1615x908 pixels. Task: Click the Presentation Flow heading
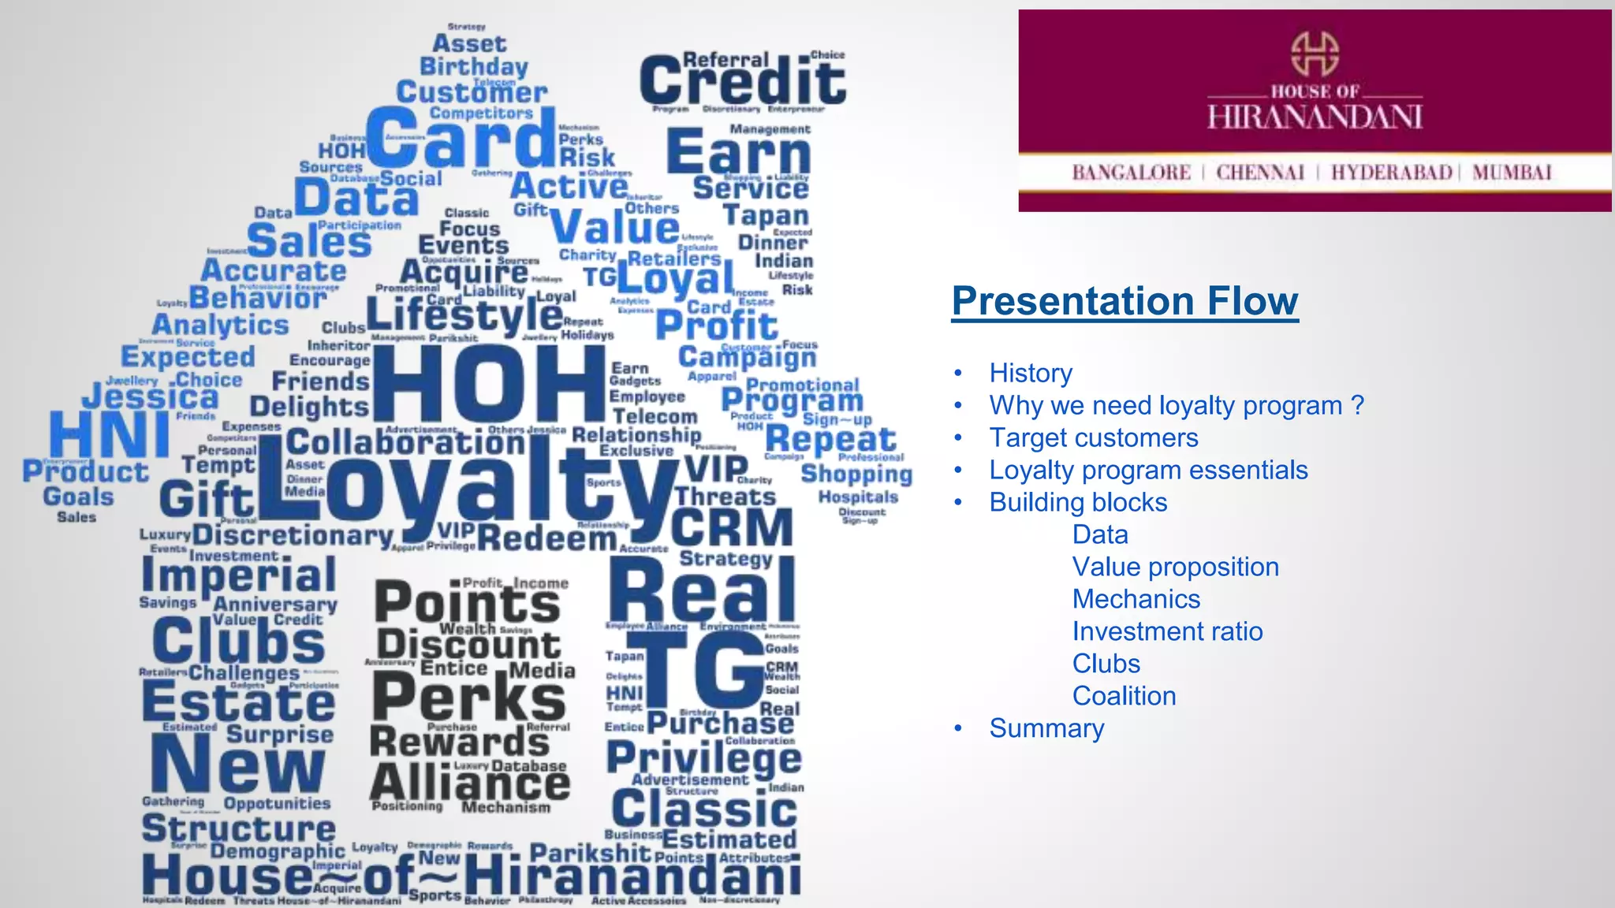pyautogui.click(x=1125, y=301)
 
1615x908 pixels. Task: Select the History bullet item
pyautogui.click(x=1031, y=373)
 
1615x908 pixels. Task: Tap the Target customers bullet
pyautogui.click(x=1093, y=437)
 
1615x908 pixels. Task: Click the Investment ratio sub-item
pyautogui.click(x=1167, y=631)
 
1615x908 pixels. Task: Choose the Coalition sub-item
pyautogui.click(x=1124, y=696)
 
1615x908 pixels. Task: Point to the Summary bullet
pyautogui.click(x=1046, y=728)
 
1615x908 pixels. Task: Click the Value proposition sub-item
pyautogui.click(x=1175, y=567)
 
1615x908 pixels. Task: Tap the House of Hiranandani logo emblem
pyautogui.click(x=1314, y=54)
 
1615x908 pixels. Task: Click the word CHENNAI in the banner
pyautogui.click(x=1260, y=173)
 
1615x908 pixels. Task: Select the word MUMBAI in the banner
pyautogui.click(x=1511, y=173)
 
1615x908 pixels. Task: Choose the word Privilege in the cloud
pyautogui.click(x=703, y=758)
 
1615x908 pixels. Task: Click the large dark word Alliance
pyautogui.click(x=470, y=784)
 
